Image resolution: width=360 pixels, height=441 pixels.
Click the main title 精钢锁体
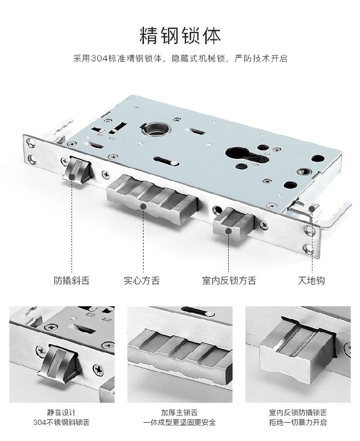tap(180, 36)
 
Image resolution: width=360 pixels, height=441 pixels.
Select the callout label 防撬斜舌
tap(72, 280)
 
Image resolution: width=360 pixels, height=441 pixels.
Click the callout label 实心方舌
tap(142, 280)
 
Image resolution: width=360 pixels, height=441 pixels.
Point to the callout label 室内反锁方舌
tap(229, 280)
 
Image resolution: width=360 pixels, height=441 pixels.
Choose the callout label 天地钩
tap(312, 280)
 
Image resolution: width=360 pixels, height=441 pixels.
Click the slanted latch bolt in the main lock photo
tap(77, 170)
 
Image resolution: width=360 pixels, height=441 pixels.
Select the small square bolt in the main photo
tap(234, 224)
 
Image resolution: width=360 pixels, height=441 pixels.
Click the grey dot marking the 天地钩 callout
tap(312, 209)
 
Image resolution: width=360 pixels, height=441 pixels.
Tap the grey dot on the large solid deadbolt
tap(143, 207)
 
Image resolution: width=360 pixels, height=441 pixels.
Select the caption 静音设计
tap(61, 413)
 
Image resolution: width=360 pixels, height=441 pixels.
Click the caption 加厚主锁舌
tap(179, 413)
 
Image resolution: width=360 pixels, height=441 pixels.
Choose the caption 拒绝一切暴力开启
tap(298, 422)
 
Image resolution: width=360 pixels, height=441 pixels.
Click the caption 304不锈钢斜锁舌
tap(61, 422)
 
